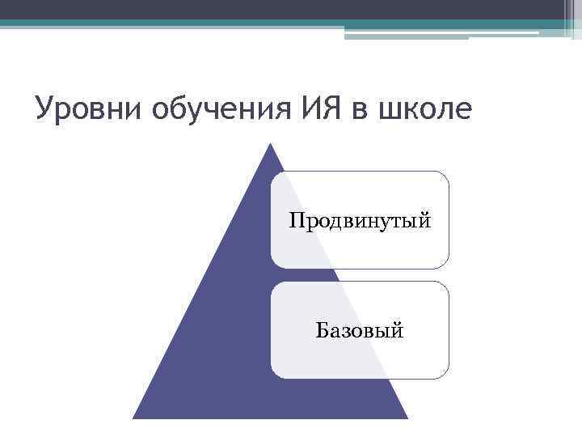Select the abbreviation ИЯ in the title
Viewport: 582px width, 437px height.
coord(310,108)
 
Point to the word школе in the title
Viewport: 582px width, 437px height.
coord(423,108)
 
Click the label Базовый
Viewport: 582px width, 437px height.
coord(360,329)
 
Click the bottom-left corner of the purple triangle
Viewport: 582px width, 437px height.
coord(135,417)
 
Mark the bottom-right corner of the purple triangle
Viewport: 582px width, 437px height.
coord(406,417)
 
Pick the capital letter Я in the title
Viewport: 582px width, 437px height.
coord(321,108)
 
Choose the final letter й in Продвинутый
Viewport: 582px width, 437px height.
coord(425,219)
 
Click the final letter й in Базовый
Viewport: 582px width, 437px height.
coord(399,329)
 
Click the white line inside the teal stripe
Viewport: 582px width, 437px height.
coord(441,33)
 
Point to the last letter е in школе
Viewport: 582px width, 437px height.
coord(460,111)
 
